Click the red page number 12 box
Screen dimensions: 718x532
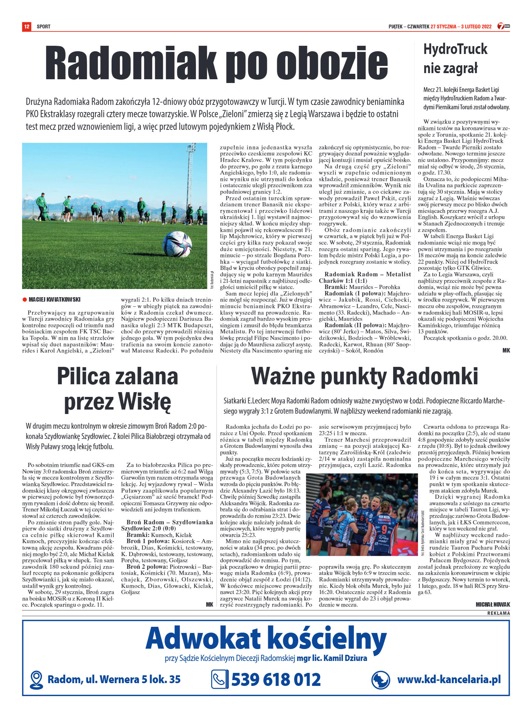point(27,26)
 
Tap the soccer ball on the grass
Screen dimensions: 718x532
point(177,244)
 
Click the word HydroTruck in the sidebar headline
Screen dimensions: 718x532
point(455,49)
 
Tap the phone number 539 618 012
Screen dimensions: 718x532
point(276,679)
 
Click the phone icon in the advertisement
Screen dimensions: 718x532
point(219,679)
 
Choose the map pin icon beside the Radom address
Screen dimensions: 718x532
point(36,680)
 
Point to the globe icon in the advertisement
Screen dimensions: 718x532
point(380,680)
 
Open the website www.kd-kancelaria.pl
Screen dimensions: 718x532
point(449,679)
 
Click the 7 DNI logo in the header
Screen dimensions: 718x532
point(503,26)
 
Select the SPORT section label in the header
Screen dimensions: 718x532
point(44,27)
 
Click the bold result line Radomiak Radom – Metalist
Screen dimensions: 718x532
point(367,274)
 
